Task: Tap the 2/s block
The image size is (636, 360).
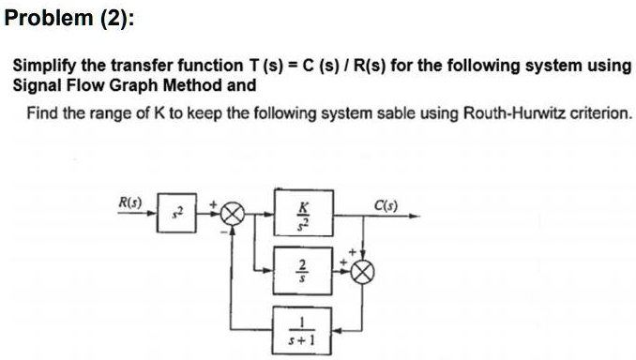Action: pyautogui.click(x=301, y=270)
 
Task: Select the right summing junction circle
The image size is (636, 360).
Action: pyautogui.click(x=363, y=270)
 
